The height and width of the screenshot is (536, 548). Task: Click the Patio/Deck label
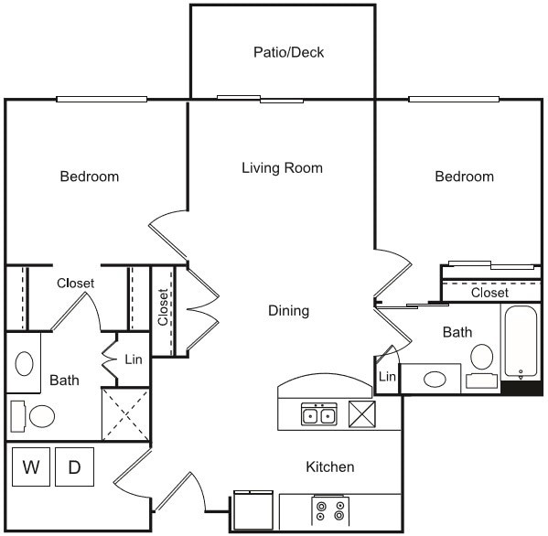pos(288,52)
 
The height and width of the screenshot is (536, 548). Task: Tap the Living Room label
pos(282,167)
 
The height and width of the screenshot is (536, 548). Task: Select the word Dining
pos(288,310)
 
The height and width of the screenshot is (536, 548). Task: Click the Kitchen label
pos(329,466)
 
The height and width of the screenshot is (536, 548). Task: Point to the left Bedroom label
pos(90,176)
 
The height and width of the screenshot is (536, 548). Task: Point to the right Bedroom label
pos(464,176)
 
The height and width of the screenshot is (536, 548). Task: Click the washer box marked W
pos(31,467)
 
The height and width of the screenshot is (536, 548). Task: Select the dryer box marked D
pos(74,467)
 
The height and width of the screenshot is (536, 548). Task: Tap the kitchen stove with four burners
pos(330,510)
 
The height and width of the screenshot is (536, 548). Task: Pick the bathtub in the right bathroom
pos(521,342)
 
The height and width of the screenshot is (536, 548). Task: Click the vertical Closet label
pos(163,307)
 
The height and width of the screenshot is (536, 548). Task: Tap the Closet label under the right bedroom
pos(489,293)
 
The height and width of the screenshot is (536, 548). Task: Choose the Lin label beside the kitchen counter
pos(387,376)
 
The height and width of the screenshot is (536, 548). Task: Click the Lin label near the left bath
pos(133,359)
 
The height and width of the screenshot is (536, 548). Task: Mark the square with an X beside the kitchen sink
pos(362,414)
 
